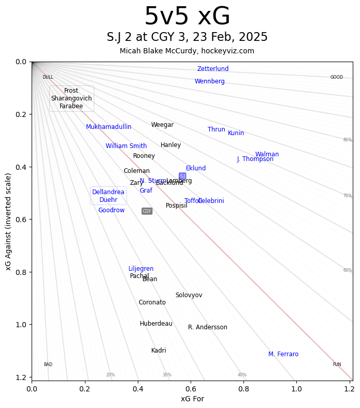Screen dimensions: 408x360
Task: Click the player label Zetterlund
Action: point(212,69)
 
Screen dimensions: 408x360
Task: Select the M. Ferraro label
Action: point(283,354)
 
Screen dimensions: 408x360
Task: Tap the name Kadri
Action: point(159,351)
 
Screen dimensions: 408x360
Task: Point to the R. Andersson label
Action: point(208,327)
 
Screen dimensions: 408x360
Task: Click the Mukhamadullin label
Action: point(109,127)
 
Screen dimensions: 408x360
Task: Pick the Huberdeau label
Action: point(156,324)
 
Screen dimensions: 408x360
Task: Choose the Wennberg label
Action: point(210,81)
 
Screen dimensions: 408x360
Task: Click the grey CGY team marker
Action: point(147,211)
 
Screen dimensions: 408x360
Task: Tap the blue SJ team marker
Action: point(182,176)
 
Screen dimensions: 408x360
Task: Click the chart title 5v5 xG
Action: point(187,17)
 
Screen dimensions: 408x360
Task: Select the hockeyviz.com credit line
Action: point(187,51)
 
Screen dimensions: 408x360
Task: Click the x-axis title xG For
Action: point(192,399)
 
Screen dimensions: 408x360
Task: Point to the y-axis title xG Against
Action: point(8,222)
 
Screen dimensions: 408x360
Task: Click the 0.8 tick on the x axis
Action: point(243,387)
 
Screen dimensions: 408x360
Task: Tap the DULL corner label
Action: point(48,77)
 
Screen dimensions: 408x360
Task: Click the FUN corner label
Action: point(337,365)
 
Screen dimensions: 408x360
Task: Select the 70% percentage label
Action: point(347,196)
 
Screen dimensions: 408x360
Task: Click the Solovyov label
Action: point(189,295)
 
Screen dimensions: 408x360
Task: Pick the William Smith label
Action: point(126,146)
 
